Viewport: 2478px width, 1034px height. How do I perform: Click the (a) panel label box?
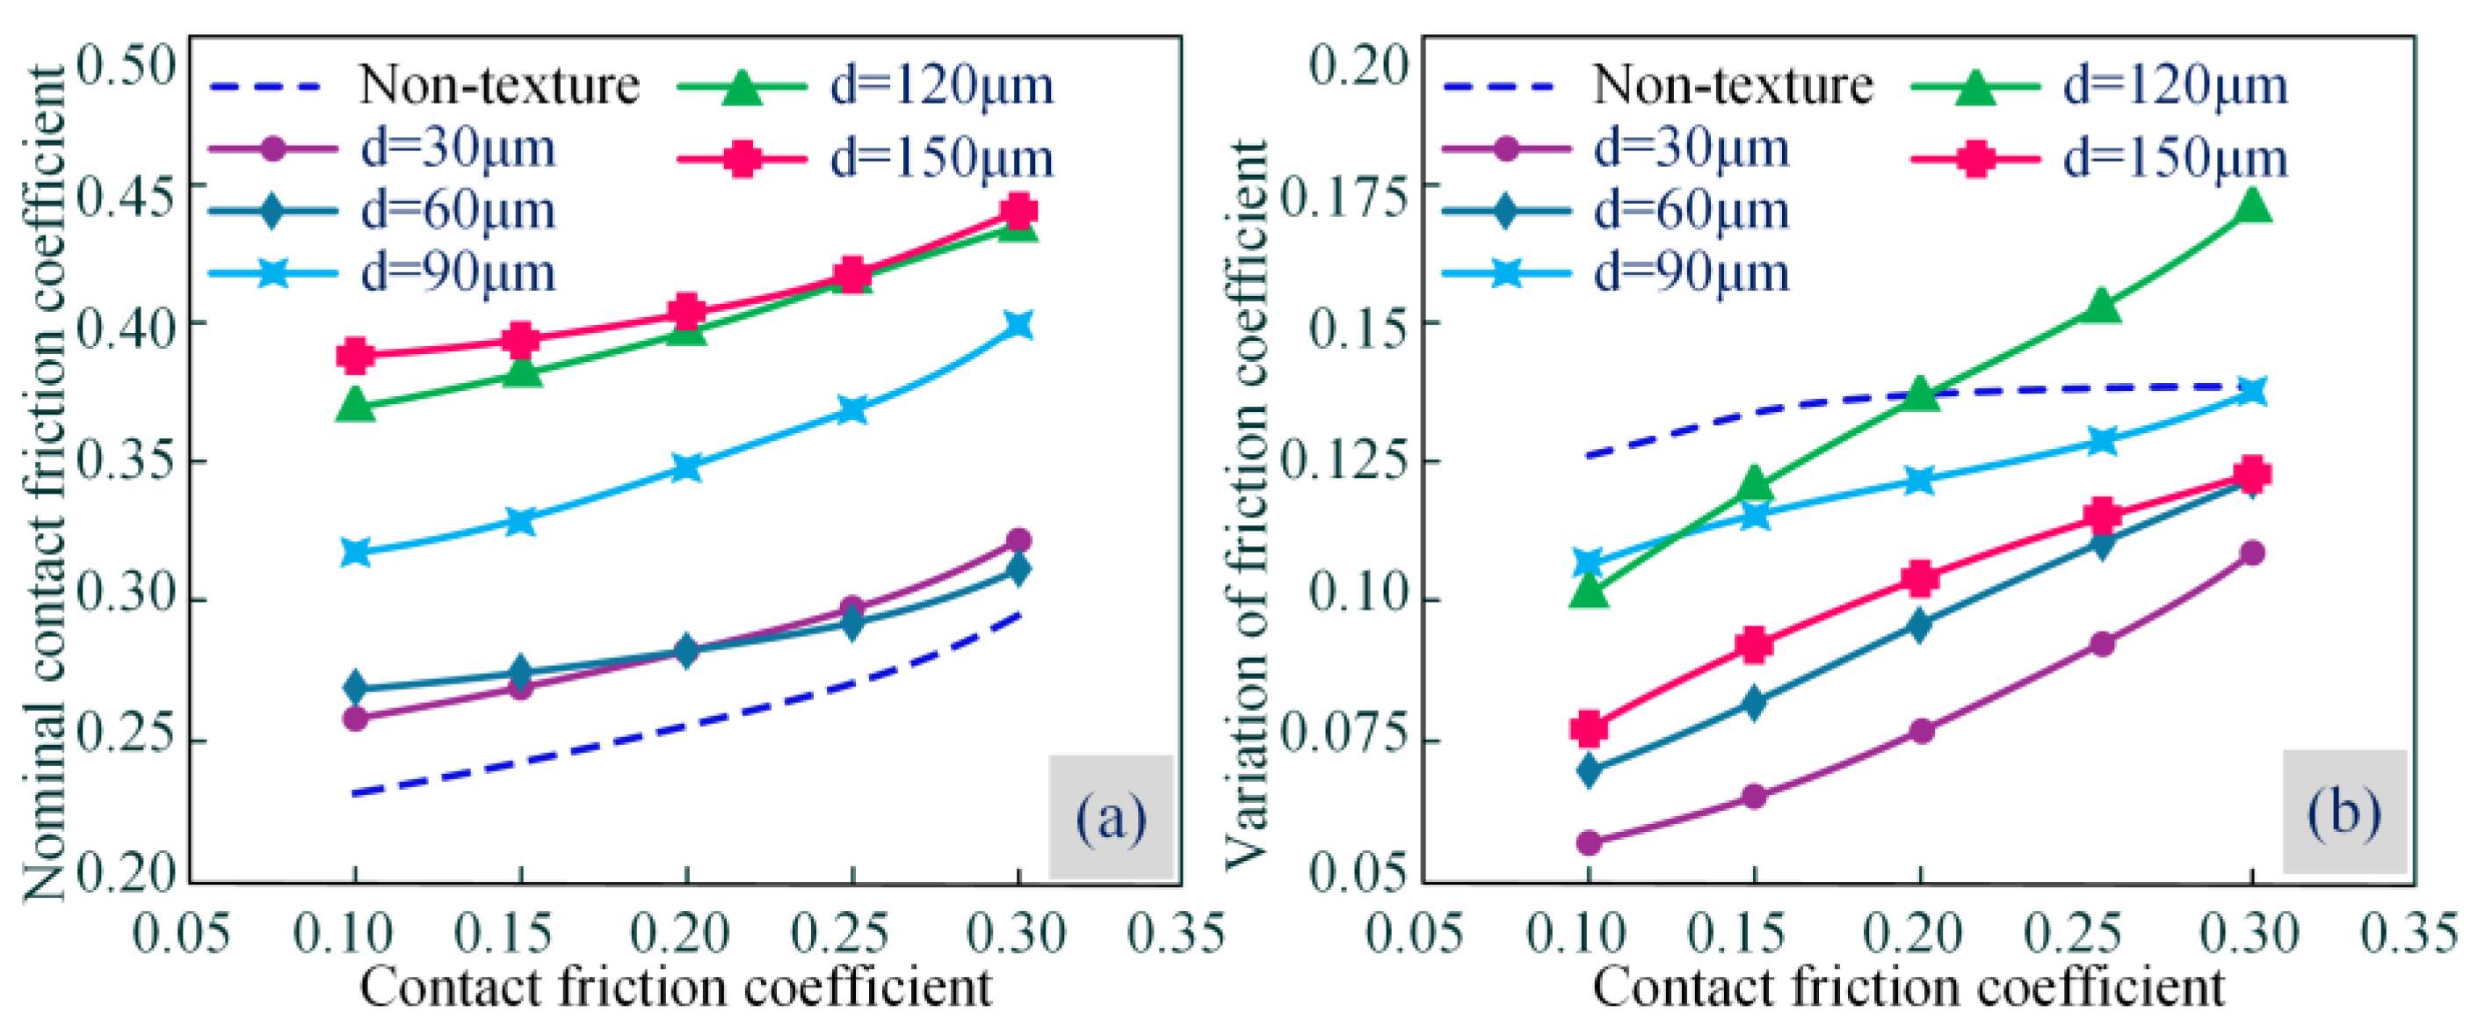pyautogui.click(x=1111, y=817)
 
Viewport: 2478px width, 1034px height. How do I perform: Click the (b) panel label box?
pyautogui.click(x=2344, y=812)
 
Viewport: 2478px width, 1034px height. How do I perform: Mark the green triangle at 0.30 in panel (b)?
pyautogui.click(x=2252, y=205)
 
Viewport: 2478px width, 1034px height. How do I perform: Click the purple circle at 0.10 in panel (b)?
pyautogui.click(x=1589, y=842)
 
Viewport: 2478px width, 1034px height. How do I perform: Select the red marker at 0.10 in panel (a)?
pyautogui.click(x=355, y=355)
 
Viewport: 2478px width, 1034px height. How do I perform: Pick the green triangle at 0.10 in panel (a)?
pyautogui.click(x=355, y=405)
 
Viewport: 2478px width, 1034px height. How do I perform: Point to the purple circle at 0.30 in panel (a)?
pyautogui.click(x=1018, y=540)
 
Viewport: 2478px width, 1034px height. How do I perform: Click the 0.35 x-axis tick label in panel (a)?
pyautogui.click(x=1176, y=934)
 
